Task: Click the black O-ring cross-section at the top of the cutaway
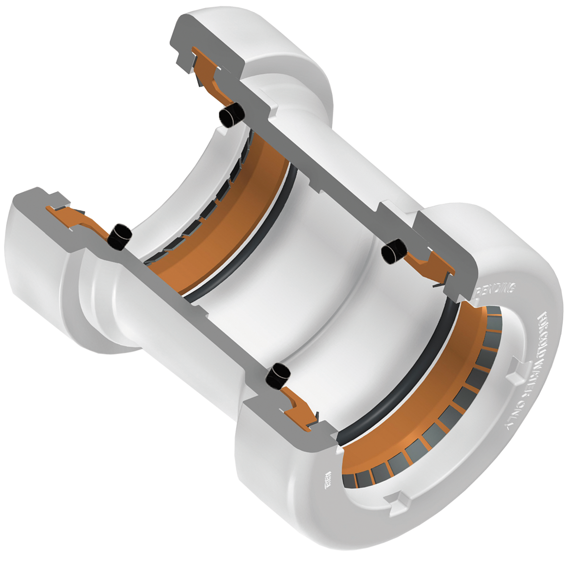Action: pyautogui.click(x=233, y=115)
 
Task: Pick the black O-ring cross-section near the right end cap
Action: pyautogui.click(x=393, y=252)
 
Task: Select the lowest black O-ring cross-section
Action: pyautogui.click(x=278, y=376)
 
